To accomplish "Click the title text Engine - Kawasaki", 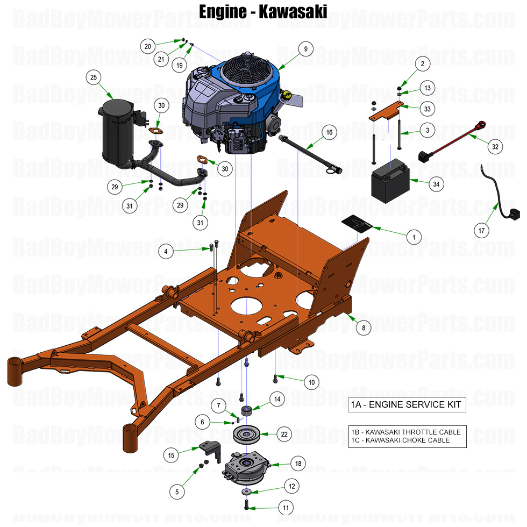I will pos(263,12).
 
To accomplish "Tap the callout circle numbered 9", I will pos(305,49).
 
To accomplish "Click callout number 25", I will pos(94,78).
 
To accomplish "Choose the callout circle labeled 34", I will pos(436,184).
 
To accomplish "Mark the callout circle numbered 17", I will pos(482,231).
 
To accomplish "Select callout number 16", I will pos(329,132).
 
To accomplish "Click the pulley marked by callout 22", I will pos(248,433).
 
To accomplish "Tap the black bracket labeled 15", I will pos(210,450).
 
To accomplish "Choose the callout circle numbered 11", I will pos(286,507).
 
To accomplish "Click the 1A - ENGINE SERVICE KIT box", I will pos(407,405).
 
